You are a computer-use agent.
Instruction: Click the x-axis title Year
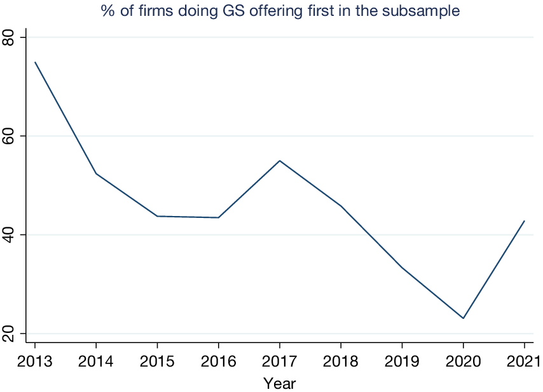(x=279, y=383)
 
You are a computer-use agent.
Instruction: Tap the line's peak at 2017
(x=279, y=161)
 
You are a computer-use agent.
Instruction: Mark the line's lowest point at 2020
(x=463, y=318)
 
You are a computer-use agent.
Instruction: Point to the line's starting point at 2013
(x=35, y=62)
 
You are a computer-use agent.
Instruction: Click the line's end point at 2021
(x=524, y=221)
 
